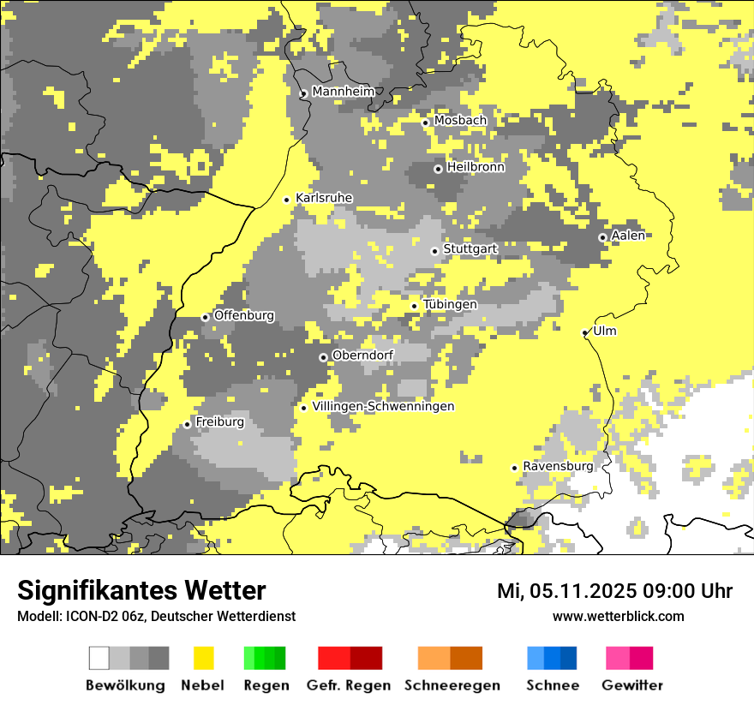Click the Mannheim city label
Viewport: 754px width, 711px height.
coord(343,92)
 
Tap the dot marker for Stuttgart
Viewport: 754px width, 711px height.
coord(434,251)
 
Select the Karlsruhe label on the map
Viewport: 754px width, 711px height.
coord(323,198)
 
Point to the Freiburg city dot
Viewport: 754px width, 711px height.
coord(187,424)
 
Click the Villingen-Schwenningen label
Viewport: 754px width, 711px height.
coord(383,406)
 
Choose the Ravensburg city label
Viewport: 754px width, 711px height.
coord(558,466)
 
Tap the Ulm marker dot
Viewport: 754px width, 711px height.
coord(585,332)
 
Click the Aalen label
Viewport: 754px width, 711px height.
coord(628,236)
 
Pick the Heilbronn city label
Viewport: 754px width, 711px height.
coord(476,167)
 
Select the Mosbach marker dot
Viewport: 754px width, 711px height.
coord(425,122)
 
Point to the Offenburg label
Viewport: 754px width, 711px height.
coord(243,315)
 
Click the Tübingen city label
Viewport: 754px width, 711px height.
coord(450,304)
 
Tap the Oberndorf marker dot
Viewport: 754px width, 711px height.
coord(323,357)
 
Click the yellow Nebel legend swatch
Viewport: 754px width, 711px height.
coord(204,658)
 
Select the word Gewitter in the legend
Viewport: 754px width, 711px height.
coord(631,685)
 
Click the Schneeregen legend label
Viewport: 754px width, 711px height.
coord(452,685)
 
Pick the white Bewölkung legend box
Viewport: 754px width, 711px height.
coord(99,658)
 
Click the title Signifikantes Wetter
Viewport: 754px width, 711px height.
coord(141,591)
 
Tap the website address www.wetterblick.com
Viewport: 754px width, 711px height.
coord(618,616)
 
